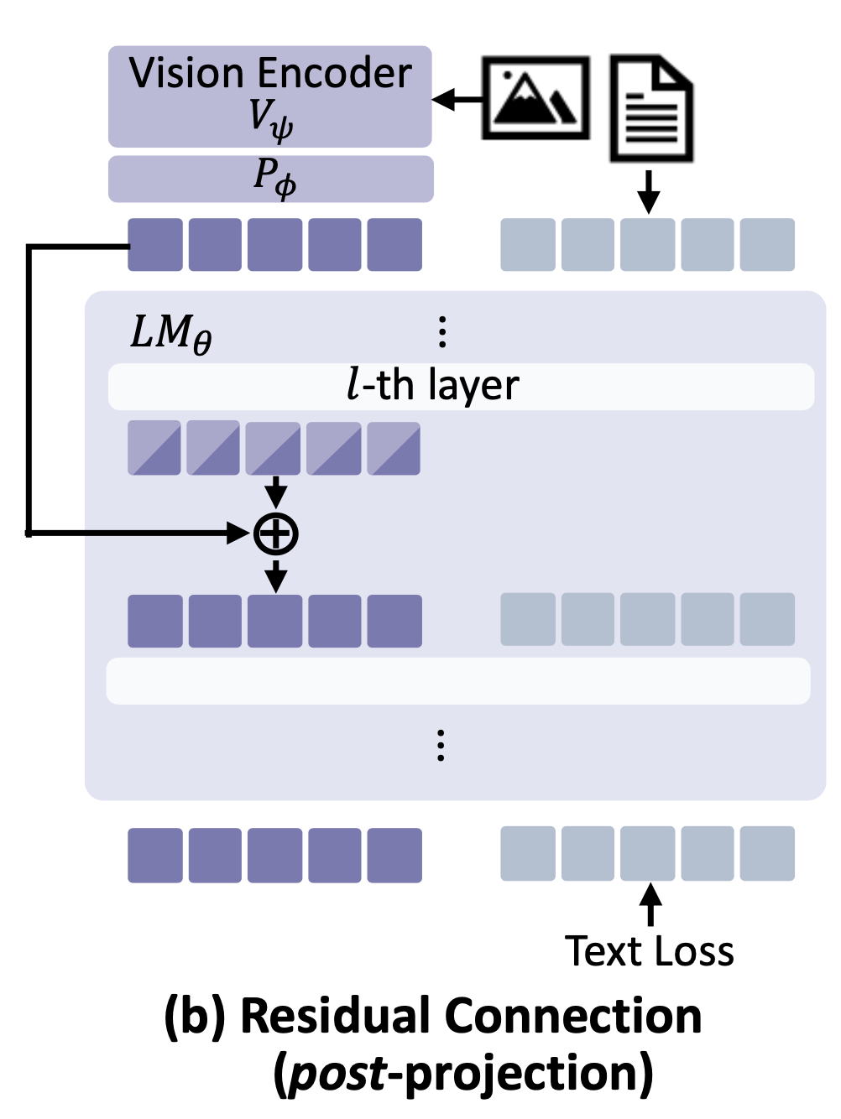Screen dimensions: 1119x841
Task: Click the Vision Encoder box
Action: click(269, 96)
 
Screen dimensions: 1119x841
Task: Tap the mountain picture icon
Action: click(535, 98)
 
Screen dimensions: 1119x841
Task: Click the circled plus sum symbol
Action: click(276, 533)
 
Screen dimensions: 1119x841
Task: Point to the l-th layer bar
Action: click(461, 387)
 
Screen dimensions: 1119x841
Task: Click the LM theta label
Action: click(171, 334)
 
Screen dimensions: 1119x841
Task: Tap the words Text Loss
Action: click(650, 951)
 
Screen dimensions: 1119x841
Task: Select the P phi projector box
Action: click(271, 179)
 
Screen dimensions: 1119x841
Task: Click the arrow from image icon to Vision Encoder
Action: click(457, 100)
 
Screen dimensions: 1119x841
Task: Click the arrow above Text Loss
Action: click(650, 904)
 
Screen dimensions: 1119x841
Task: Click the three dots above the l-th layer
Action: click(442, 332)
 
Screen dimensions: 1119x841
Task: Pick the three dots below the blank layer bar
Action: click(441, 745)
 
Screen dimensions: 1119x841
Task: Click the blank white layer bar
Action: click(458, 680)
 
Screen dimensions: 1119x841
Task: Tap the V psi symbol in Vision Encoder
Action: click(271, 119)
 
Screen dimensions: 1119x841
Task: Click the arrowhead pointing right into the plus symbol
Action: click(240, 533)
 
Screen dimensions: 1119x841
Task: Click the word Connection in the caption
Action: click(573, 1016)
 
